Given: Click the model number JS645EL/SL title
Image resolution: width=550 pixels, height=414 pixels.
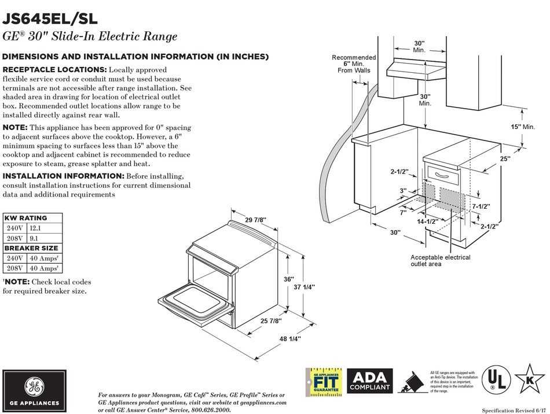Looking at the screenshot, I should tap(46, 17).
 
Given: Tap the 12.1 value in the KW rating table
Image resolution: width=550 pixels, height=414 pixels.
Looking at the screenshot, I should tap(36, 228).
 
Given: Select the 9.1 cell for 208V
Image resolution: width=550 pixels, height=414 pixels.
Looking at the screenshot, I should tap(34, 238).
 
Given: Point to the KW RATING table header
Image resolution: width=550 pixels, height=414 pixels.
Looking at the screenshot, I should tap(25, 218).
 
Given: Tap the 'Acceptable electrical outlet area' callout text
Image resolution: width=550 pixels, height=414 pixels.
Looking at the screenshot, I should tap(440, 261).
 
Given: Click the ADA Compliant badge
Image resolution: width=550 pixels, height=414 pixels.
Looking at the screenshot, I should tap(370, 380).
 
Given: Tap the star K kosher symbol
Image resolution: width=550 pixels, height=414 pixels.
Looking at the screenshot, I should tap(529, 379).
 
